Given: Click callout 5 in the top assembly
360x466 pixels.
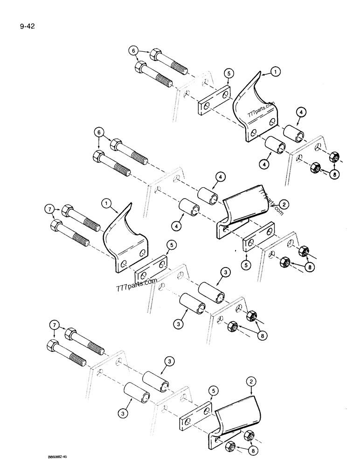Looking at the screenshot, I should pos(228,73).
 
